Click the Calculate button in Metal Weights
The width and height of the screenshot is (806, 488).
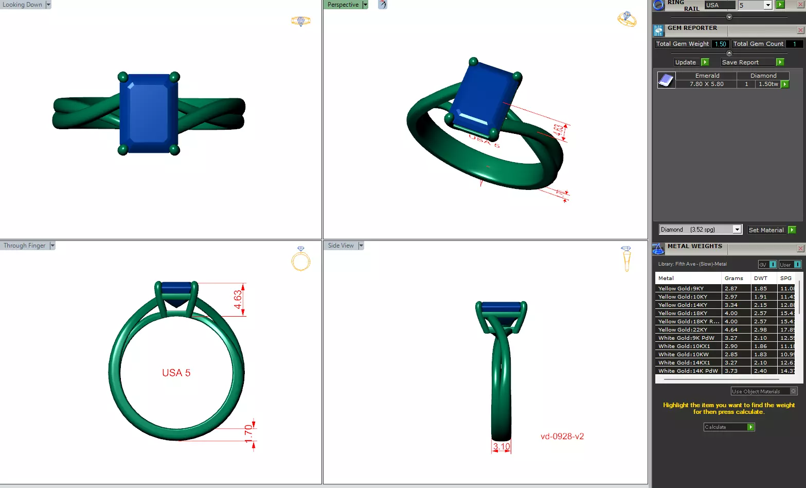click(728, 427)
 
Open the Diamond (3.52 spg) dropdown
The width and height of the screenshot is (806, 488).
click(737, 230)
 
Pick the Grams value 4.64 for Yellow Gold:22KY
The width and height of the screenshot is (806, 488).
click(731, 330)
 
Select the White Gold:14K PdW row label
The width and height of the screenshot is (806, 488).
click(688, 371)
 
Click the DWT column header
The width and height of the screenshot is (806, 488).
click(760, 278)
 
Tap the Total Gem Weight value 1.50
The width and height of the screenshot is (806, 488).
click(720, 44)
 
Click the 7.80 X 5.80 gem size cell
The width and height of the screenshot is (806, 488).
click(706, 84)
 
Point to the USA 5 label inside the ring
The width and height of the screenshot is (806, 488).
click(176, 373)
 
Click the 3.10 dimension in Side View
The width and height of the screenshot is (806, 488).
click(501, 447)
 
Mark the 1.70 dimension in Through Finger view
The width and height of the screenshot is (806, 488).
click(248, 434)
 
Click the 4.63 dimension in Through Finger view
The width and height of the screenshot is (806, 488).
click(238, 299)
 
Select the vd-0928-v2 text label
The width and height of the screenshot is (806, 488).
click(562, 437)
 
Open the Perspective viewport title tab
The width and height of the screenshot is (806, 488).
click(343, 5)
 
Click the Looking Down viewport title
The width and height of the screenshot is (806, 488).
click(23, 5)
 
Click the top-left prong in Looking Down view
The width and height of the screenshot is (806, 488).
click(122, 77)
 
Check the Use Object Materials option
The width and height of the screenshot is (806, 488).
click(793, 391)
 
